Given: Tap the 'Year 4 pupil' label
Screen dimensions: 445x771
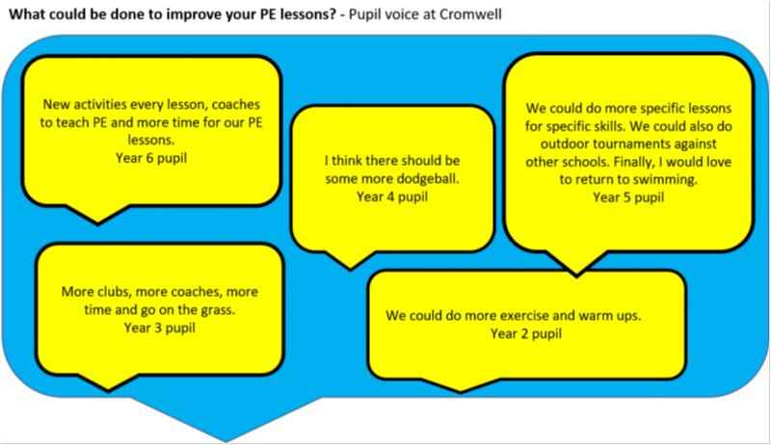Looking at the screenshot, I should click(x=391, y=197).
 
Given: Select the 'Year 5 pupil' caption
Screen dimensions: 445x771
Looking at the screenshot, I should click(x=628, y=196).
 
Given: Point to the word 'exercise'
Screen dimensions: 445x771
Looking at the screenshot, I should click(x=511, y=316).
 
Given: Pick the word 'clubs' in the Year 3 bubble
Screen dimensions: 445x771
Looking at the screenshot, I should click(x=115, y=292).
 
